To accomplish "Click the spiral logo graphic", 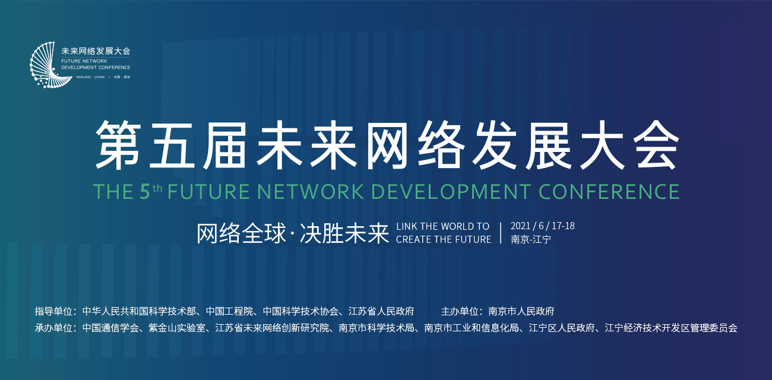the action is (x=50, y=65).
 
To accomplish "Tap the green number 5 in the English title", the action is (x=145, y=192).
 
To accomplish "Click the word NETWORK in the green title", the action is (x=310, y=192).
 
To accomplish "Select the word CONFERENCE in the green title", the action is (x=609, y=192).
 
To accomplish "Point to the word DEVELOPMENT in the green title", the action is (x=451, y=192).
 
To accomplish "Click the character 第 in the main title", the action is (x=118, y=145).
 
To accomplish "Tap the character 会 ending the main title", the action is (x=656, y=145).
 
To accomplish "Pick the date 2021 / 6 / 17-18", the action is (x=542, y=226).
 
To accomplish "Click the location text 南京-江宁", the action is (x=531, y=239).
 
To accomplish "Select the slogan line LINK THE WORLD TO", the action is (x=443, y=226).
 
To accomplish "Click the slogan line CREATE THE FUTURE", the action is (x=444, y=239).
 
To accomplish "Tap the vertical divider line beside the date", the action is (x=501, y=233).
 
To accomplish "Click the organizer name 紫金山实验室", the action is (x=177, y=328).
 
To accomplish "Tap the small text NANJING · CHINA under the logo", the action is (x=90, y=77).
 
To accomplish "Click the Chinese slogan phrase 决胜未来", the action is (x=344, y=233).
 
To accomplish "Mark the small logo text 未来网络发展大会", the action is (x=96, y=51).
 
